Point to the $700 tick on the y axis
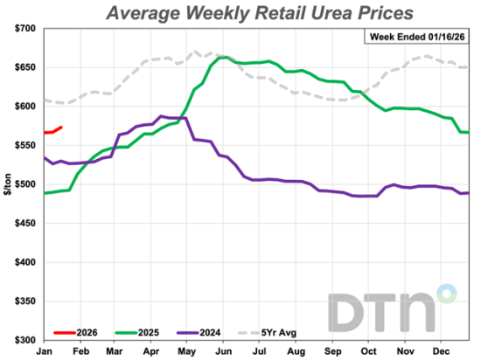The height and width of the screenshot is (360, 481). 23,29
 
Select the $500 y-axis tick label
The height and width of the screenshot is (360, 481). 23,184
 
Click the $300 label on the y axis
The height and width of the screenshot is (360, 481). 23,340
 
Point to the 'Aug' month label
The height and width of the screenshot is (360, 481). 297,350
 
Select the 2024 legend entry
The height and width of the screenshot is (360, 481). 190,332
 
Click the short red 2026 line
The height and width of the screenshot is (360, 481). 52,131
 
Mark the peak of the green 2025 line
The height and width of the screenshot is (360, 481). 225,58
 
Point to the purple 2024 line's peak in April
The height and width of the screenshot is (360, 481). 162,115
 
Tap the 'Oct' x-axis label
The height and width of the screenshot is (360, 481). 370,350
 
